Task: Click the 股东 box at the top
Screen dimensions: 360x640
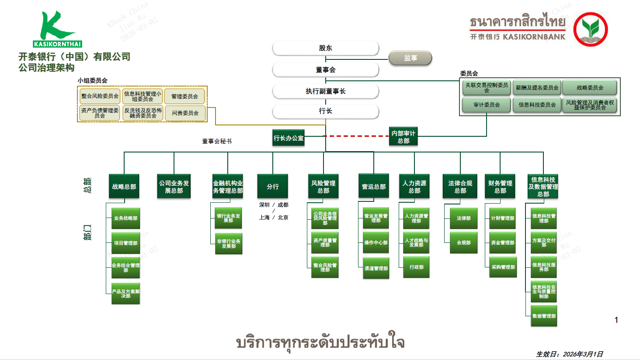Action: point(325,48)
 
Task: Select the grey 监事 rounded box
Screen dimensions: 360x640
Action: point(410,58)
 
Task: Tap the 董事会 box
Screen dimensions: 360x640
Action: point(325,69)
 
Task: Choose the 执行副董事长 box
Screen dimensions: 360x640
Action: point(325,91)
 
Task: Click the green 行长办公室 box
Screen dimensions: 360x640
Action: point(288,138)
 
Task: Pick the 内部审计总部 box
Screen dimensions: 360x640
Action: point(403,137)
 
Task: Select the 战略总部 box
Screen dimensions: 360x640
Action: point(124,187)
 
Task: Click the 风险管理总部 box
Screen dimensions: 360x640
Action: point(323,187)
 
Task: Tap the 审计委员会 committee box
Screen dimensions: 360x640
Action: point(486,105)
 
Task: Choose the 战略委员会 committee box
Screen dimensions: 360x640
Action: point(589,88)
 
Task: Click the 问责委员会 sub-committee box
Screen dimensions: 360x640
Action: point(184,113)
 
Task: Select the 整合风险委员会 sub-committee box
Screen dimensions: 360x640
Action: point(100,96)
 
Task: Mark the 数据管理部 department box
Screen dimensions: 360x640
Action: point(544,316)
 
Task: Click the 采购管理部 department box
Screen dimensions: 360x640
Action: point(503,267)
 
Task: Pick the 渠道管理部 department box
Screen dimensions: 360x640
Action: point(376,268)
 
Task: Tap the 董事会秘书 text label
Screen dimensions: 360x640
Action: point(217,141)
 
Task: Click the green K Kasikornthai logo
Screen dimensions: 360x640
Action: point(57,29)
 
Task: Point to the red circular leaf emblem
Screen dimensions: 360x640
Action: point(591,29)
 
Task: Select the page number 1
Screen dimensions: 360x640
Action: point(616,320)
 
